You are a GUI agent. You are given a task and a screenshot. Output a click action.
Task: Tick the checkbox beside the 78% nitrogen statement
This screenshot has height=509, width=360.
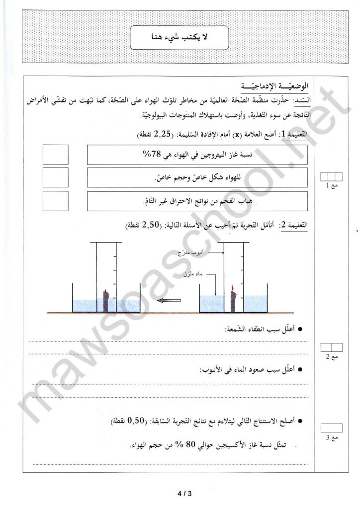(x=56, y=155)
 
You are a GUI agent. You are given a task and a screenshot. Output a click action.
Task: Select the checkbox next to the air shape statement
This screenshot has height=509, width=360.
(x=56, y=177)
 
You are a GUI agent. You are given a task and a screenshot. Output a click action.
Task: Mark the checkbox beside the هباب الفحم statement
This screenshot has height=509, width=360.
(x=56, y=201)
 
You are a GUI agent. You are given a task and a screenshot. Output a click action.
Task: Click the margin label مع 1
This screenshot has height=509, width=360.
(x=330, y=186)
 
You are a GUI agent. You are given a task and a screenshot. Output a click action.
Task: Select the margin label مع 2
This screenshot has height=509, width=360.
(x=331, y=357)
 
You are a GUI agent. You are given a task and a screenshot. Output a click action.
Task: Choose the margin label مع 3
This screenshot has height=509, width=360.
(x=330, y=437)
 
